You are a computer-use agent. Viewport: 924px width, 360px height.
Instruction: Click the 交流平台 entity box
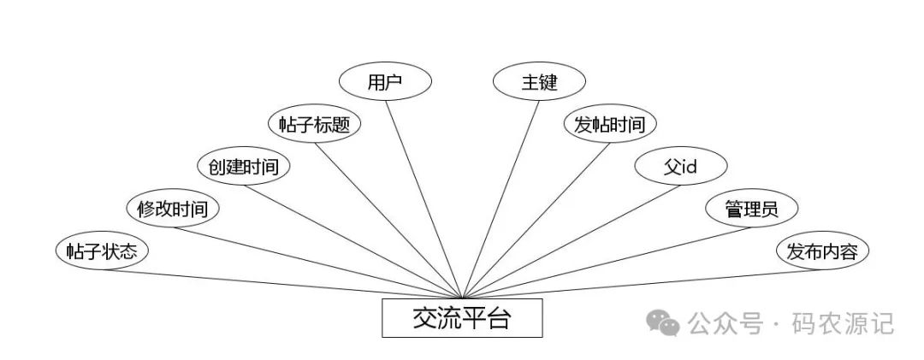462,319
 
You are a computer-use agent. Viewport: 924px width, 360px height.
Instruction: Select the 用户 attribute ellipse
385,82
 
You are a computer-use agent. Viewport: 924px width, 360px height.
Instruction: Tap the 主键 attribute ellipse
539,82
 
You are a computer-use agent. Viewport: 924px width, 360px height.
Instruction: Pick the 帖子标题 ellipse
314,124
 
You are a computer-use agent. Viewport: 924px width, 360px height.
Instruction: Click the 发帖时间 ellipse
610,124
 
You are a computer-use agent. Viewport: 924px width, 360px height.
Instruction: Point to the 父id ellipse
681,166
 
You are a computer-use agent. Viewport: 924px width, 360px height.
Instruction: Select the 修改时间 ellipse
173,208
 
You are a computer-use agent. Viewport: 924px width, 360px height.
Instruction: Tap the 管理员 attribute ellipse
751,208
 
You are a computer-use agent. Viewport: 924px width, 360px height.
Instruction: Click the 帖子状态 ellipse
102,251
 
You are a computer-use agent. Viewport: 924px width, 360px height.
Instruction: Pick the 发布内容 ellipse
822,251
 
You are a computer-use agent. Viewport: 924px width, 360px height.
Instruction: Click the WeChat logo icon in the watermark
662,322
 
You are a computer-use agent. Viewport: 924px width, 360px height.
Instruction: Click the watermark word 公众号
725,323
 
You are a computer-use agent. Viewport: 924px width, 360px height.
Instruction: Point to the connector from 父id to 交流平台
573,235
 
